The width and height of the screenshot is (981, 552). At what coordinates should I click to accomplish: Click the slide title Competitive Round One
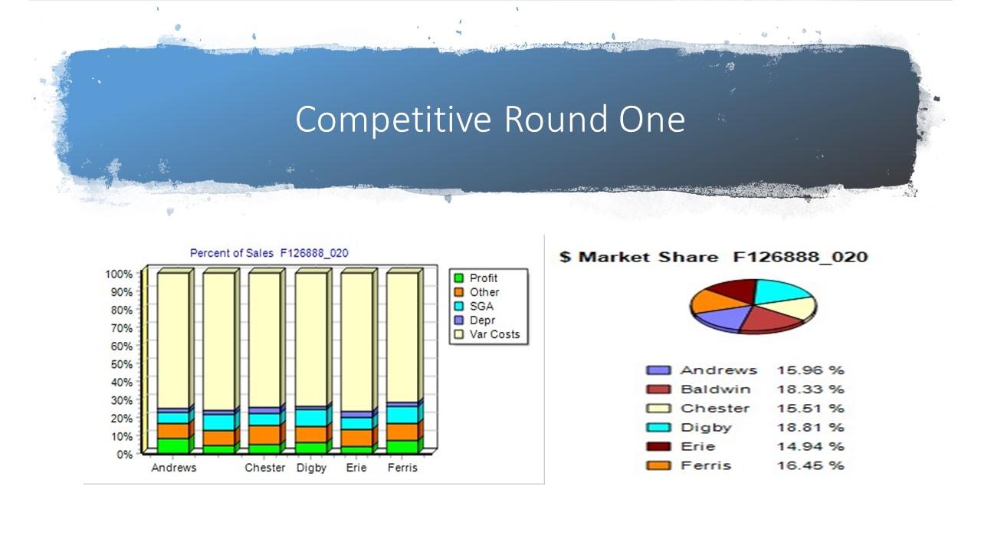click(490, 120)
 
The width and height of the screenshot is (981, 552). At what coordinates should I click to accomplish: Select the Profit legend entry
click(483, 278)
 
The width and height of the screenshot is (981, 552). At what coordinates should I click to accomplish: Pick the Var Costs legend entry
click(494, 334)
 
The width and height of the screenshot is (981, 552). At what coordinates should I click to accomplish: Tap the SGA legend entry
click(481, 306)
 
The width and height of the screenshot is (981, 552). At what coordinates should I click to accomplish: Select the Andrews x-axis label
click(173, 468)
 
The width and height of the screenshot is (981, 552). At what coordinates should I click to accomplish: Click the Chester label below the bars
click(264, 468)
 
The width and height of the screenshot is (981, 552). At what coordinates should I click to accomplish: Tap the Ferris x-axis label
click(402, 468)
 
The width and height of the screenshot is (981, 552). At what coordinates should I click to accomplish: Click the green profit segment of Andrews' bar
click(173, 445)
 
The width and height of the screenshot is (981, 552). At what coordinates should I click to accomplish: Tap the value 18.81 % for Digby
click(809, 428)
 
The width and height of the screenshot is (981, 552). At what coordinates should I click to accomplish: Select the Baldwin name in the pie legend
click(714, 389)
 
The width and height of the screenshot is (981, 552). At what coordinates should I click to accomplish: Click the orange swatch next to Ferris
click(658, 466)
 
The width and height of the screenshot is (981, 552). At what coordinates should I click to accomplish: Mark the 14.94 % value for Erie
click(809, 447)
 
